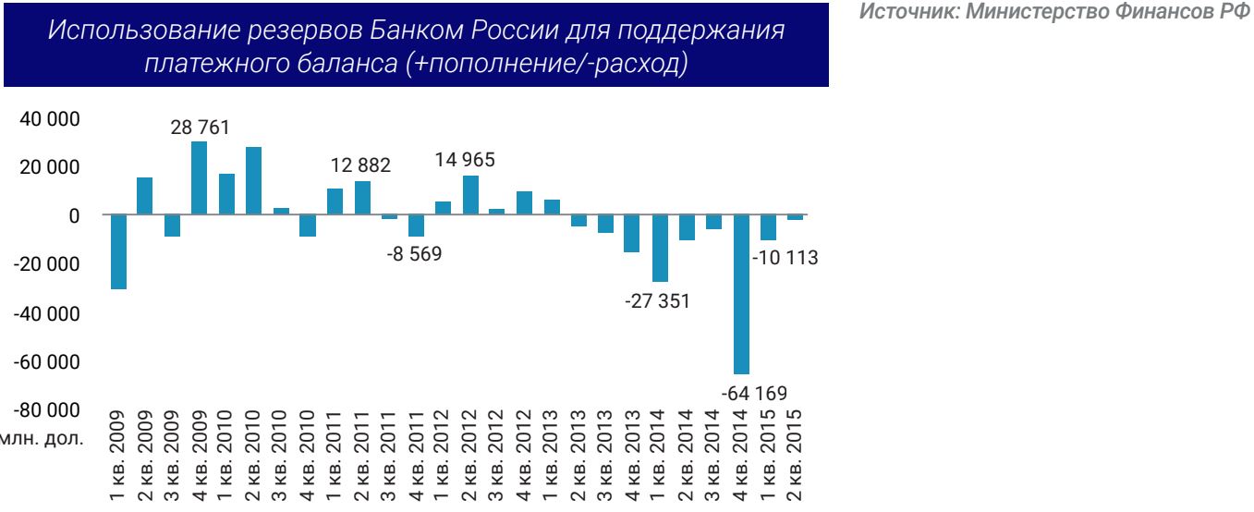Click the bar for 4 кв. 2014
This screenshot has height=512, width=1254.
click(x=742, y=294)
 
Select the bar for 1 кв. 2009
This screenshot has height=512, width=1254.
click(x=117, y=251)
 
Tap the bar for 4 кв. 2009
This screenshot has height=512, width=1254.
click(x=199, y=178)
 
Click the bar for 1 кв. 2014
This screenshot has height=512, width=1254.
click(x=661, y=248)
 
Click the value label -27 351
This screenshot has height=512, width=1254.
click(x=660, y=301)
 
